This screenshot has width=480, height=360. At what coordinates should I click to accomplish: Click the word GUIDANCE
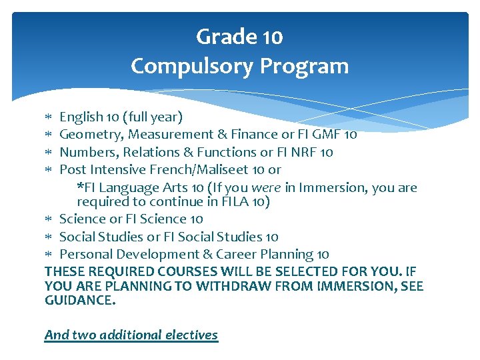tap(79, 301)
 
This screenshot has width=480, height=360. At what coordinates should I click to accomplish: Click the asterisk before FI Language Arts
tap(80, 187)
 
